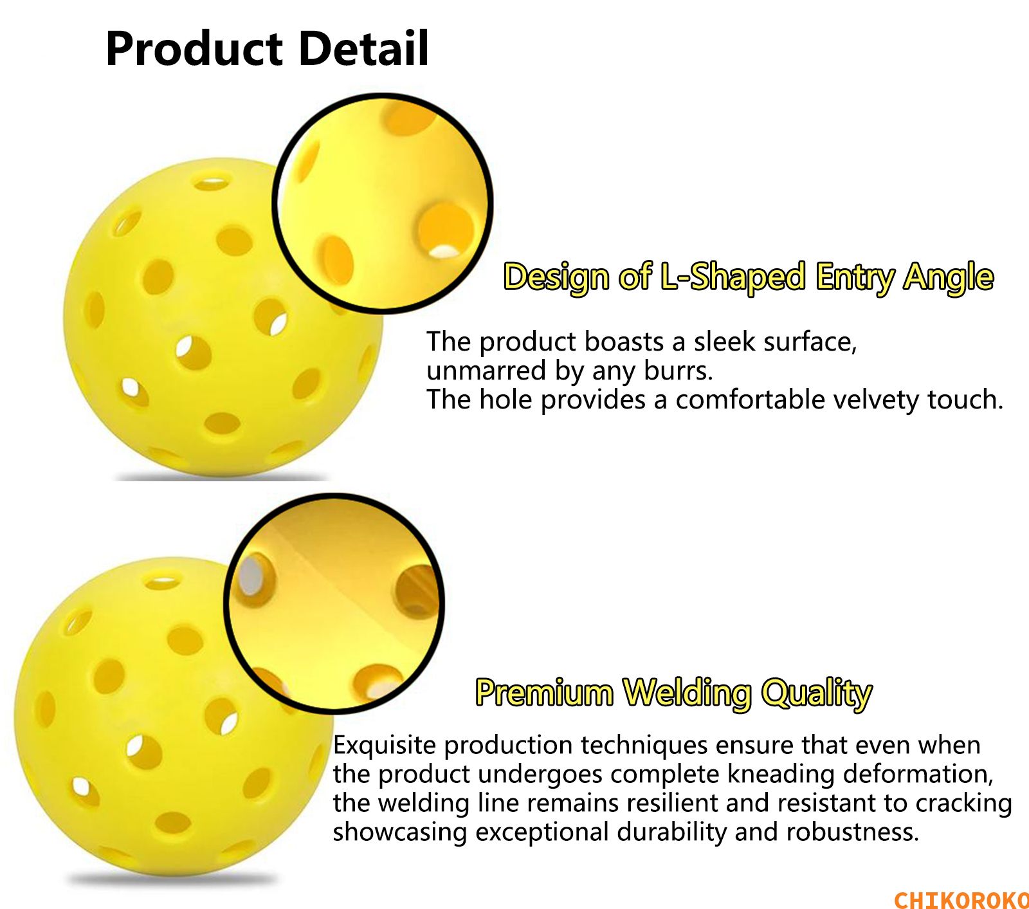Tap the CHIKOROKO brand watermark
pyautogui.click(x=961, y=899)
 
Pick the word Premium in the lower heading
pyautogui.click(x=544, y=692)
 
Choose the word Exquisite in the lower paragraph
pyautogui.click(x=385, y=746)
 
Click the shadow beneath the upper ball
pyautogui.click(x=222, y=477)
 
